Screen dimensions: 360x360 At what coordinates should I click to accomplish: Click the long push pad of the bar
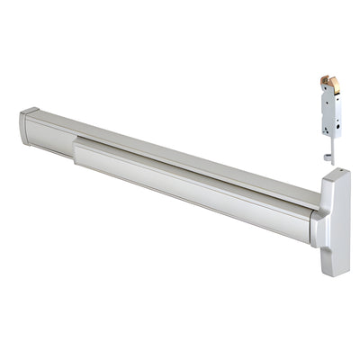coord(189,184)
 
